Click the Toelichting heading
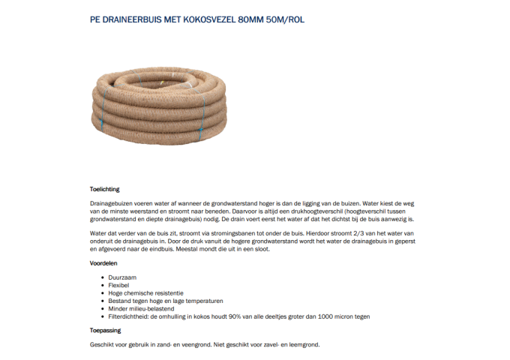point(105,189)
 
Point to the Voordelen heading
point(104,263)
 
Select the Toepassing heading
point(106,330)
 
